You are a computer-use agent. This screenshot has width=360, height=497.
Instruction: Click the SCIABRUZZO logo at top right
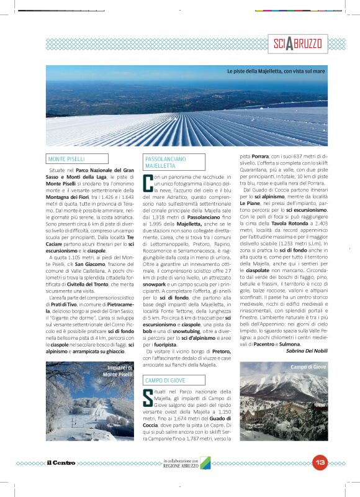click(x=298, y=44)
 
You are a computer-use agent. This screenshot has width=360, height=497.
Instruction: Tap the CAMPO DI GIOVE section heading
click(x=165, y=380)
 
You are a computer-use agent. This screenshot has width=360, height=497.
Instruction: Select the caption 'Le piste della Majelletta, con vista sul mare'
click(x=275, y=71)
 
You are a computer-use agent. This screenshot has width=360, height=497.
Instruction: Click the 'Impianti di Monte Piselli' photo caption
click(x=117, y=372)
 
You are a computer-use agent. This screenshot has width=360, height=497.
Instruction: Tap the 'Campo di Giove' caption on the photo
click(x=307, y=367)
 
